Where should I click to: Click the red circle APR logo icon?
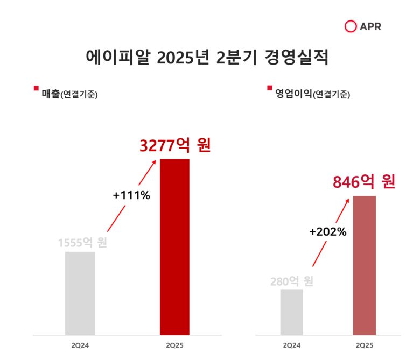click(351, 26)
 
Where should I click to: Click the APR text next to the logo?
click(371, 26)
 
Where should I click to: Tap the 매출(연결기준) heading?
click(69, 94)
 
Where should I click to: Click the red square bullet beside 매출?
click(36, 88)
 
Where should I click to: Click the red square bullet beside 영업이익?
click(270, 88)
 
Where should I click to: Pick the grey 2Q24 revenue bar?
click(80, 293)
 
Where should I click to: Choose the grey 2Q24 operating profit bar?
click(291, 312)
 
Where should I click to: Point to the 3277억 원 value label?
click(174, 145)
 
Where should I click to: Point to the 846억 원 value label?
click(364, 182)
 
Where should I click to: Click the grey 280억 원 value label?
click(291, 281)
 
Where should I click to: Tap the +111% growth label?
click(131, 195)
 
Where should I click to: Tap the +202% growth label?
click(327, 232)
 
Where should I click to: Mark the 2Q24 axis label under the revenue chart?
click(80, 344)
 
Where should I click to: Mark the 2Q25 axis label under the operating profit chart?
click(365, 344)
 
